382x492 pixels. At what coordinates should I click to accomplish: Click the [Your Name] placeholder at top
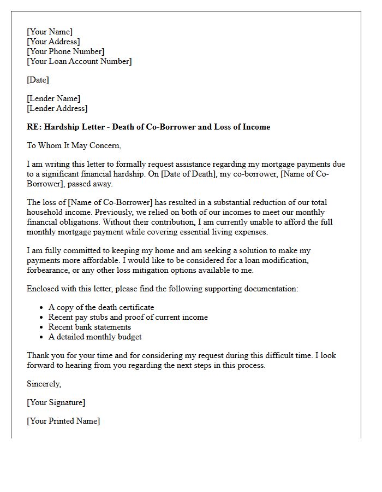(x=50, y=32)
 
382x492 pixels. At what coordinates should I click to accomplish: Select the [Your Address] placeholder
(x=53, y=42)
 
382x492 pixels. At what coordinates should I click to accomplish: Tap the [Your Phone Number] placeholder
(x=65, y=51)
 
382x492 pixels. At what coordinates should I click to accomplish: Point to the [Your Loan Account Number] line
(x=79, y=61)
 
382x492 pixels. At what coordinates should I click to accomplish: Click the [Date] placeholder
(x=38, y=80)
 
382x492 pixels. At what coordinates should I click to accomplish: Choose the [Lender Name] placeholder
(x=53, y=98)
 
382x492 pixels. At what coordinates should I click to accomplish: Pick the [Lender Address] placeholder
(x=57, y=108)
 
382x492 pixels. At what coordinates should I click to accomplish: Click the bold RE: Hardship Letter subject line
(x=148, y=127)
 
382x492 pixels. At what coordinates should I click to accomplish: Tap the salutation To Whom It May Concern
(x=74, y=145)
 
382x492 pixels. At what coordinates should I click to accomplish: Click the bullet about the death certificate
(x=102, y=307)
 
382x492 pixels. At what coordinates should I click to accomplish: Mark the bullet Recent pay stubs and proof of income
(x=128, y=317)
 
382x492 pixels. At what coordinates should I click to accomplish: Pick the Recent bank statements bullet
(x=89, y=327)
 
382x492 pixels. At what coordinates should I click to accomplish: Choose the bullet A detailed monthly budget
(x=95, y=337)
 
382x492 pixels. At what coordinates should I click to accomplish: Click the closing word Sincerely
(x=44, y=384)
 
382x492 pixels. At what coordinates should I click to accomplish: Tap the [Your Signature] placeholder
(x=56, y=402)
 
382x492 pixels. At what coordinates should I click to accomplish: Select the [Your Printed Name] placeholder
(x=63, y=421)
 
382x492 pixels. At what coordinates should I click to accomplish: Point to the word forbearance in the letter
(x=50, y=270)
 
